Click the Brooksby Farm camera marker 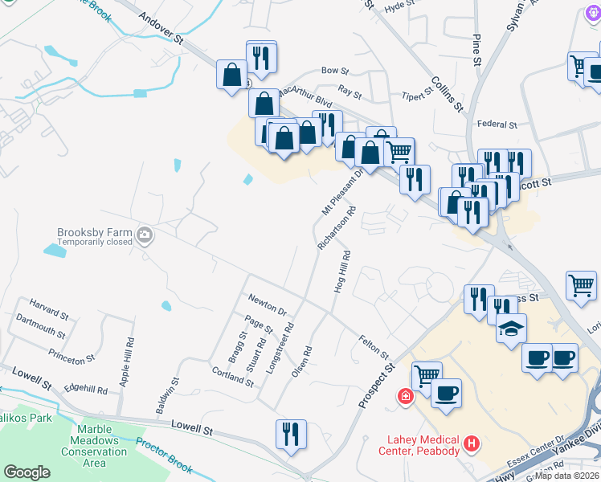(x=145, y=235)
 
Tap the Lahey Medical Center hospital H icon (x=472, y=443)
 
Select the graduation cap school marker (x=510, y=329)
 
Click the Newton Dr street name (x=268, y=305)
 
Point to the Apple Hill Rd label (x=125, y=363)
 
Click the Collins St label (x=448, y=94)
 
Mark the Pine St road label (x=477, y=50)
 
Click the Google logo (x=27, y=472)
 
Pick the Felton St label (x=374, y=348)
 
